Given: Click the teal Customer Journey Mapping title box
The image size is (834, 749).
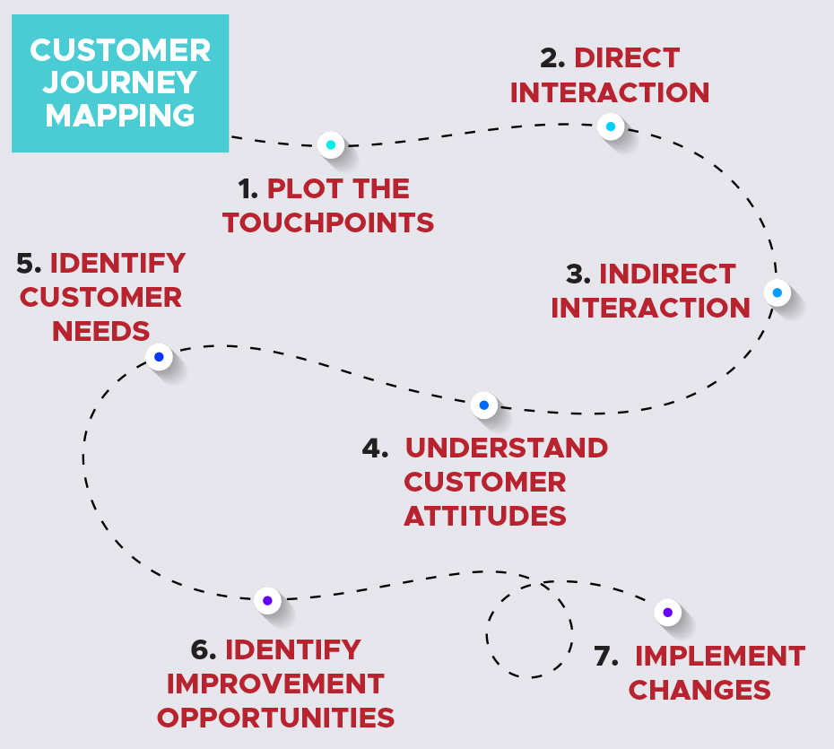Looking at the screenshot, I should click(x=119, y=83).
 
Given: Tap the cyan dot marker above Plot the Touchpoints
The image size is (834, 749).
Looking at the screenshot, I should click(x=331, y=144).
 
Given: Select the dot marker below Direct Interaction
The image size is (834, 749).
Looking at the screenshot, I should click(x=611, y=126).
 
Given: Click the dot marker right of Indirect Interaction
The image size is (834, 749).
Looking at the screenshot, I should click(x=777, y=292).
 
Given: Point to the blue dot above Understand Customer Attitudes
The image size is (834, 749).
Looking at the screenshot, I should click(x=483, y=405).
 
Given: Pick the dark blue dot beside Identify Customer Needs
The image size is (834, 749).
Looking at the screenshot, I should click(x=159, y=357).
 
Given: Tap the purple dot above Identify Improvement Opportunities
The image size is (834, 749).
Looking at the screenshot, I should click(x=267, y=600).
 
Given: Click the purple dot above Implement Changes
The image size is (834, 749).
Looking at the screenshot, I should click(x=667, y=613).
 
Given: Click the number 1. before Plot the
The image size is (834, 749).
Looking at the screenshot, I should click(x=248, y=189).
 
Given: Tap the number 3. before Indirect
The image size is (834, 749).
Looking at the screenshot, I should click(x=578, y=274).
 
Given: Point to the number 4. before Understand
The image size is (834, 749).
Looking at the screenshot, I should click(x=375, y=448).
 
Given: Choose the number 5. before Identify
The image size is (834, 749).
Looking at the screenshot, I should click(x=30, y=264).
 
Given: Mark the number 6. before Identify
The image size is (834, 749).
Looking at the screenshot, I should click(x=204, y=649).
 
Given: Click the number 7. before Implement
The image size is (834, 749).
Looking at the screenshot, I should click(x=606, y=656).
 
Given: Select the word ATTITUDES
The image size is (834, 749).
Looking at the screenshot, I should click(x=484, y=517).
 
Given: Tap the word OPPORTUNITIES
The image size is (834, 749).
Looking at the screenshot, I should click(x=275, y=719).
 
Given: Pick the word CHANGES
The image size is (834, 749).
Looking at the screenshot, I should click(x=699, y=690).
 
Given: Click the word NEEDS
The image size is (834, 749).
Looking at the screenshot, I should click(x=100, y=332).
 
